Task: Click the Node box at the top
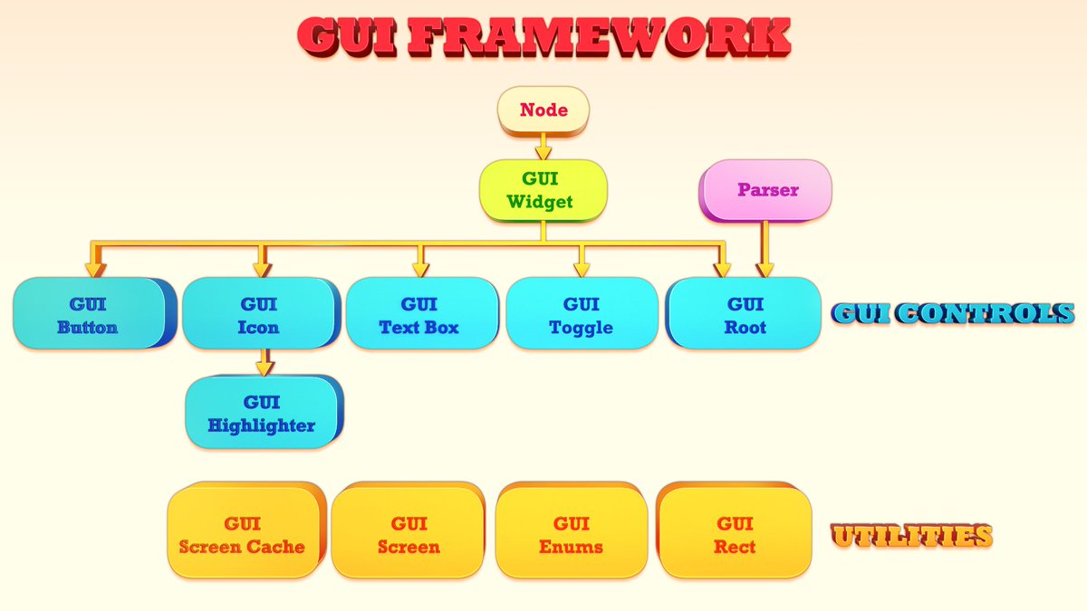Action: tap(543, 110)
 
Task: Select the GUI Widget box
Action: tap(542, 190)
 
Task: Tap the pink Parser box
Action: tap(767, 190)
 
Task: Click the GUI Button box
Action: tap(89, 314)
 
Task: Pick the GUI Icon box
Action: tap(259, 314)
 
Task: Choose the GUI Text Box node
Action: tap(420, 314)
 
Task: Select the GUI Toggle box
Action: tap(581, 314)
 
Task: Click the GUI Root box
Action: tap(745, 314)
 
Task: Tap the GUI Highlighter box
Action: tap(261, 413)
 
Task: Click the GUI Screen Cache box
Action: tap(243, 534)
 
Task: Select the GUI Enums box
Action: tap(571, 534)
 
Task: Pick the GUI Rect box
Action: tap(734, 534)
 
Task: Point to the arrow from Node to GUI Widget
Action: tap(543, 147)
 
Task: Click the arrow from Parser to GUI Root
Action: tap(765, 249)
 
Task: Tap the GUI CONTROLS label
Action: tap(953, 314)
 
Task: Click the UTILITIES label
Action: tap(911, 536)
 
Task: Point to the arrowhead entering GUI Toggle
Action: tap(581, 269)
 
